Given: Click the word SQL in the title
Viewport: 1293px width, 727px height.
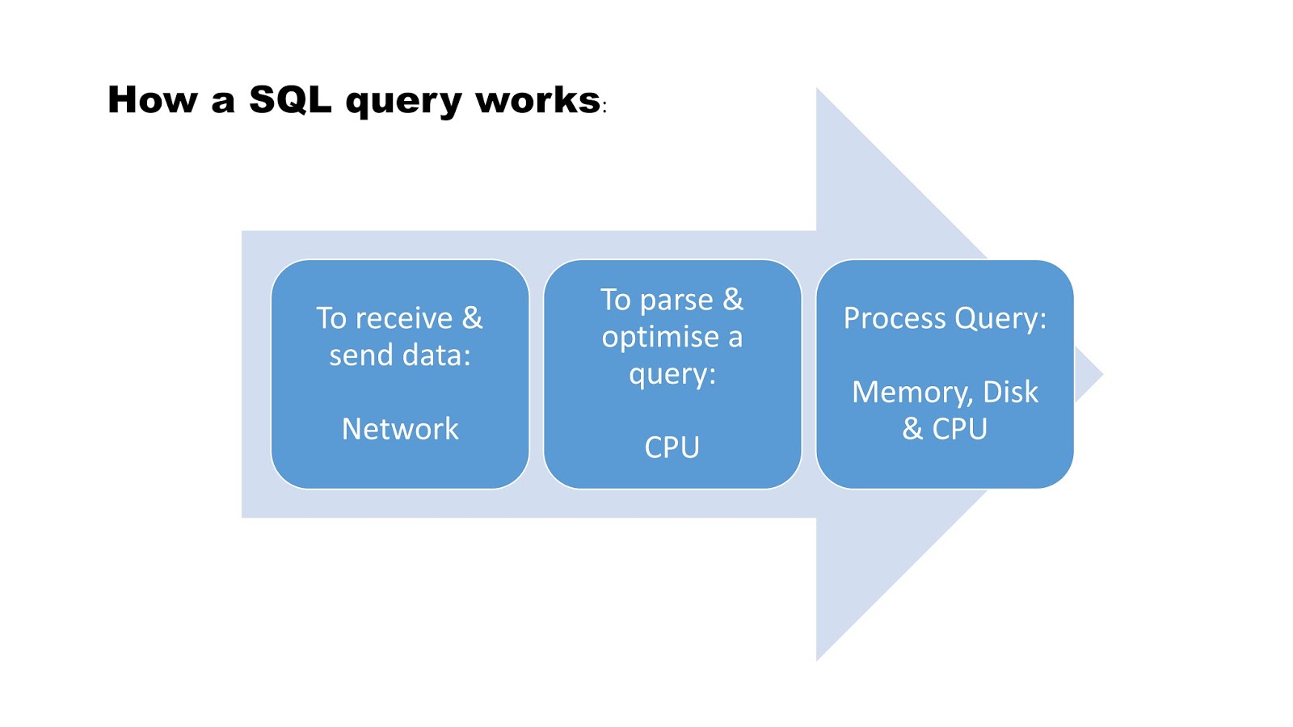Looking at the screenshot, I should tap(290, 100).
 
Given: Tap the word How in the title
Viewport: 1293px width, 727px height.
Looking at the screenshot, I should tap(153, 100).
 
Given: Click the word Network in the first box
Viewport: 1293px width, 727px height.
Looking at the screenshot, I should tap(400, 429).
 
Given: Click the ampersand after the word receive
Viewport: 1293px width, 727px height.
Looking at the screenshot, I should tap(472, 317).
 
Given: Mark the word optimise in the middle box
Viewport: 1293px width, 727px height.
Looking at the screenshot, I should tap(660, 337).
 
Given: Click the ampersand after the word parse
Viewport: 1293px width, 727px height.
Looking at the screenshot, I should tap(733, 300).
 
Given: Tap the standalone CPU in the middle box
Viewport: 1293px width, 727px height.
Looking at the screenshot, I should tap(672, 448).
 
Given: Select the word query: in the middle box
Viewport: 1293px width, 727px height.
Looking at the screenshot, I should tap(672, 375).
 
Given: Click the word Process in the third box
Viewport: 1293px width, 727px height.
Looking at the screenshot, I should tap(895, 318).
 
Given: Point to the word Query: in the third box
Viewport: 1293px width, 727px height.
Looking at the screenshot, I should tap(1000, 319).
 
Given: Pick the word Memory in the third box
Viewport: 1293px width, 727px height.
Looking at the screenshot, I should tap(911, 393).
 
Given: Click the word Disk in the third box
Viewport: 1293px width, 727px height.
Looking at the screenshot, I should tap(1010, 392).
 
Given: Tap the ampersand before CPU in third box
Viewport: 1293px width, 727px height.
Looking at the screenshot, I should tap(912, 428).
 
